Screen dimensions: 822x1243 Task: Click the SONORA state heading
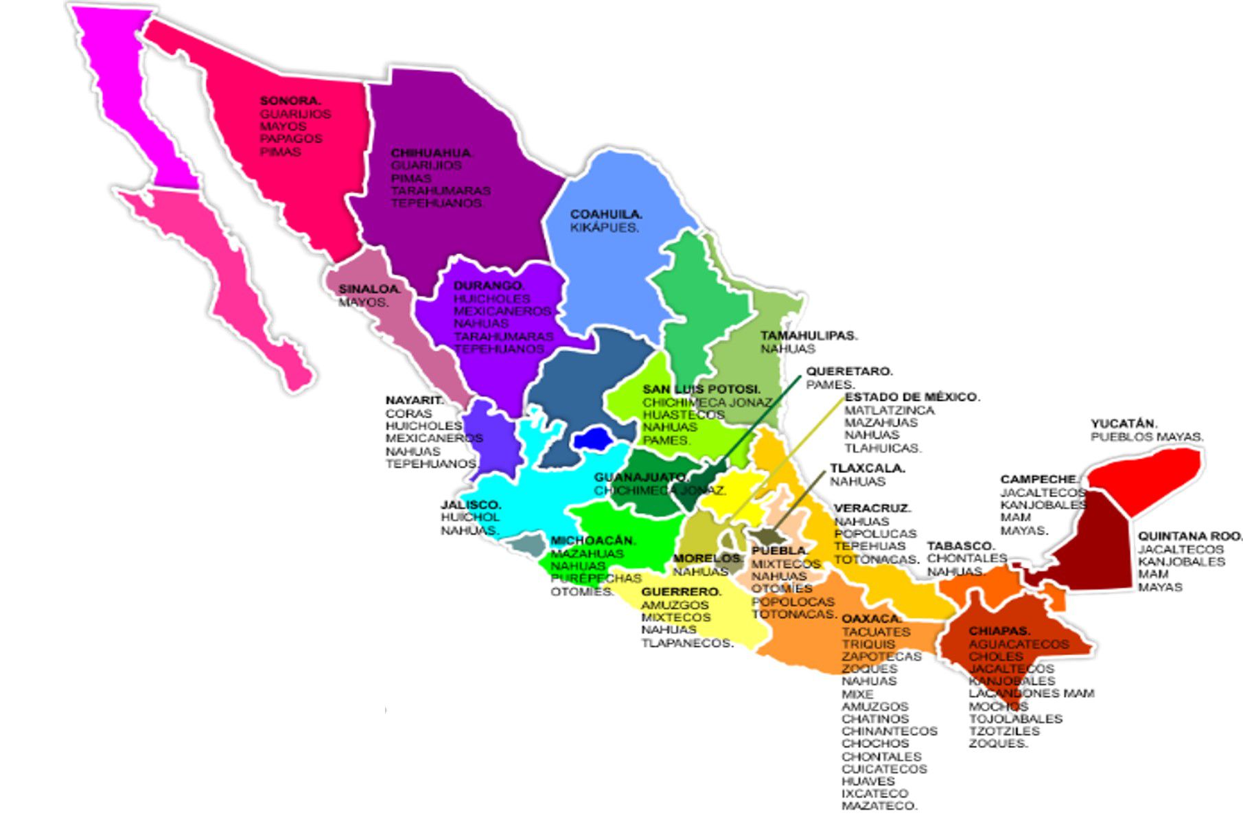[x=290, y=101]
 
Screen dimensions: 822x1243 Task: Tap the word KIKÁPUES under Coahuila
[x=604, y=227]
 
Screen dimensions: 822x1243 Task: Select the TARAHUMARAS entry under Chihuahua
[x=441, y=190]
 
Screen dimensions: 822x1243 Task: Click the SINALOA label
[x=369, y=289]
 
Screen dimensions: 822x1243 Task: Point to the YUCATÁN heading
[x=1124, y=424]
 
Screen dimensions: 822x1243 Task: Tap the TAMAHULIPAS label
[x=809, y=336]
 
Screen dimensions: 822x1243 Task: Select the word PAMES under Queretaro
[x=830, y=385]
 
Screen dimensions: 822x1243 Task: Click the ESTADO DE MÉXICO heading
[x=911, y=397]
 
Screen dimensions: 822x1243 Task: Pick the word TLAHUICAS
[x=883, y=448]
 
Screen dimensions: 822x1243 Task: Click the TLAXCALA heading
[x=868, y=468]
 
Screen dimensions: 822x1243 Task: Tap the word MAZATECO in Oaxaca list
[x=879, y=806]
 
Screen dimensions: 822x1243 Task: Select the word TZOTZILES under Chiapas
[x=1004, y=731]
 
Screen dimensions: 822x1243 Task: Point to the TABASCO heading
[x=961, y=546]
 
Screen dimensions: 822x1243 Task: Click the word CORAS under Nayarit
[x=408, y=413]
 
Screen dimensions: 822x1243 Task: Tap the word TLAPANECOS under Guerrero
[x=687, y=643]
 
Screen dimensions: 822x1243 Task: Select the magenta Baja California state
[x=134, y=89]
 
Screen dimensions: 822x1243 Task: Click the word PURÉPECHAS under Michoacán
[x=596, y=578]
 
